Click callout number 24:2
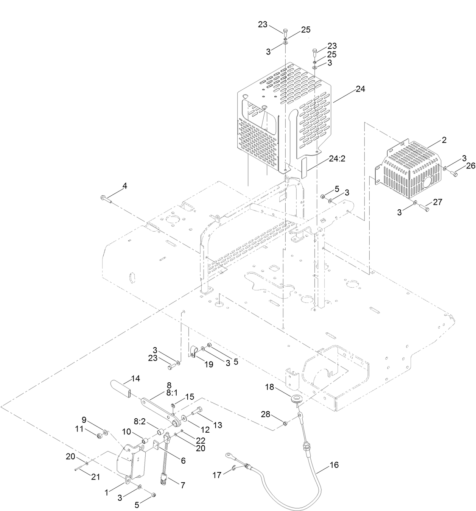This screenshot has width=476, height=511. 337,159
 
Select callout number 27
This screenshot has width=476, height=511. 437,203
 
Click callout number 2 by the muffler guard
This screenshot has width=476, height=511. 444,140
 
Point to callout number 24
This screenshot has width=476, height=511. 360,89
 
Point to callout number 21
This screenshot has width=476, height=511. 96,477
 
